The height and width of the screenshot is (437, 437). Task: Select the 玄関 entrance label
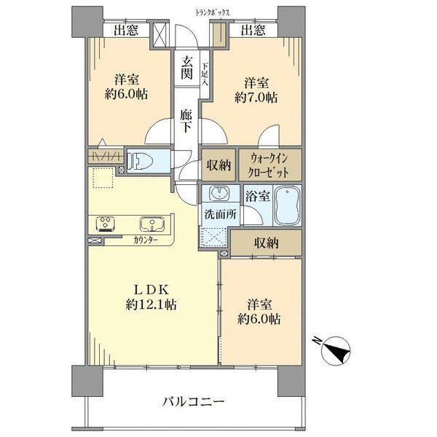click(x=187, y=68)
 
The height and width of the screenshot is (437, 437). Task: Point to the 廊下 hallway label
click(x=188, y=120)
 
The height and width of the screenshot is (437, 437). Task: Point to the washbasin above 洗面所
click(x=219, y=194)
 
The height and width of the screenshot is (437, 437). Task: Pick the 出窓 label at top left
click(x=126, y=30)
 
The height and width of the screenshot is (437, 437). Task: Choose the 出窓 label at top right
click(x=253, y=30)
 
